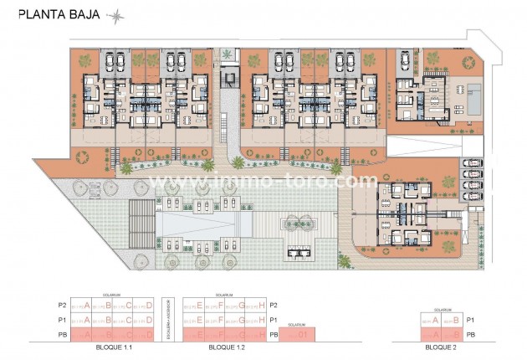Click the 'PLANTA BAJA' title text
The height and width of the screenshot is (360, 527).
56,13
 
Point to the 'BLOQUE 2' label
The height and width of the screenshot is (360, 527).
440,346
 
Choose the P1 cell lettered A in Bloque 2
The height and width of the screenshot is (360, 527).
430,320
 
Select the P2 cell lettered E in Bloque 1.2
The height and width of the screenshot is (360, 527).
194,306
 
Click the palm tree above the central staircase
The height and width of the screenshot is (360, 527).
228,55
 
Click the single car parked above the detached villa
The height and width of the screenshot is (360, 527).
404,61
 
